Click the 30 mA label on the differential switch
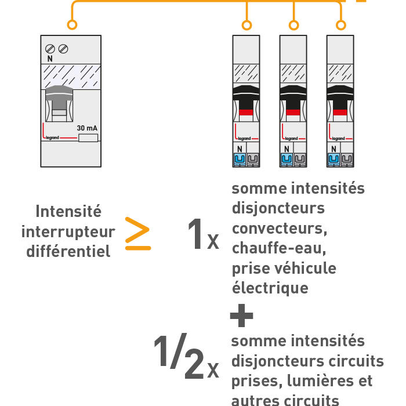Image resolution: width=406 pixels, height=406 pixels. click(x=86, y=128)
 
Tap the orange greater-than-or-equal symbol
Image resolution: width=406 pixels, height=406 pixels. click(x=138, y=234)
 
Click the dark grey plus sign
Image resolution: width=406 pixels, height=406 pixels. click(x=241, y=317)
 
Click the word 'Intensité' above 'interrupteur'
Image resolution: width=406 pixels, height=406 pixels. click(x=68, y=211)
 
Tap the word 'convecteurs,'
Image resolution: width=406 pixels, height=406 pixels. click(x=280, y=229)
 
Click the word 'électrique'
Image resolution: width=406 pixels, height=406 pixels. click(x=270, y=288)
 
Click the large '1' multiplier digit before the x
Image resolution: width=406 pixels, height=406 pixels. click(x=195, y=235)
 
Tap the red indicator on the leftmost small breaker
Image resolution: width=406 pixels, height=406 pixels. click(x=246, y=113)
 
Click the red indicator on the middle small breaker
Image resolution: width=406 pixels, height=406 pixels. click(x=293, y=113)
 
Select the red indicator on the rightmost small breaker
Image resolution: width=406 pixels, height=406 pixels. click(x=340, y=113)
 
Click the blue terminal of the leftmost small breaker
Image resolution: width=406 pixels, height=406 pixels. click(x=239, y=159)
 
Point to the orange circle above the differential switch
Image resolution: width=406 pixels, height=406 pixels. click(x=72, y=25)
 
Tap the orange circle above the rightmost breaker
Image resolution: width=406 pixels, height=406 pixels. click(x=341, y=25)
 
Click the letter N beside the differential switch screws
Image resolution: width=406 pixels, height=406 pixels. click(x=49, y=59)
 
